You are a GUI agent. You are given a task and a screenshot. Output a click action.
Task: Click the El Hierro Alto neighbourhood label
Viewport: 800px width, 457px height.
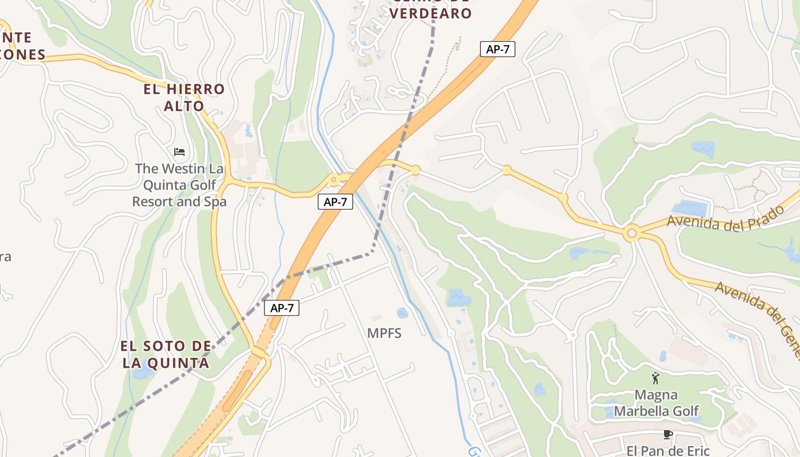tap(184, 97)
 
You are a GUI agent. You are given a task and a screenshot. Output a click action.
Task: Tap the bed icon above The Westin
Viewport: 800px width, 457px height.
tap(179, 152)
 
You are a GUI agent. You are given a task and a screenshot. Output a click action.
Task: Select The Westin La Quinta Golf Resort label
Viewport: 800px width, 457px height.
tap(179, 185)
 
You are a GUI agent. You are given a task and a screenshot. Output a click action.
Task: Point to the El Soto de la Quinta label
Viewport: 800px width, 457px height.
tap(165, 354)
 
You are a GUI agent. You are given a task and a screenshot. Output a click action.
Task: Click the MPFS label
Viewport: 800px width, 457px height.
tap(384, 333)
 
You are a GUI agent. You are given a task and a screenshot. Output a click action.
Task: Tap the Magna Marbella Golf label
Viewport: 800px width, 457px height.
tap(656, 403)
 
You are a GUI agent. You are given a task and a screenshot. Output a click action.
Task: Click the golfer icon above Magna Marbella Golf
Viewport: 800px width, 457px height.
tap(655, 378)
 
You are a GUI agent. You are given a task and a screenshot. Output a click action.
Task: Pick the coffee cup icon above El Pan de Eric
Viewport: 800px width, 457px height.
tap(667, 435)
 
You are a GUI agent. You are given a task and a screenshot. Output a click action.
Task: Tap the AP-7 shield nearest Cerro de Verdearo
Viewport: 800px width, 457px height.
tap(497, 49)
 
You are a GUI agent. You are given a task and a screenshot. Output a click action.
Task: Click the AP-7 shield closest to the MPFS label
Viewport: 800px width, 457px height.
tap(282, 308)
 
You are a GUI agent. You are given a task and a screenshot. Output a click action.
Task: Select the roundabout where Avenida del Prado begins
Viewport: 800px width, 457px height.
tap(631, 233)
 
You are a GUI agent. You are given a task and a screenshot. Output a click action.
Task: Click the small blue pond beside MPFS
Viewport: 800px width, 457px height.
tap(403, 313)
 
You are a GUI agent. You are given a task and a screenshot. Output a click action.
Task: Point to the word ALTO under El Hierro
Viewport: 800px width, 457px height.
tap(184, 106)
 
